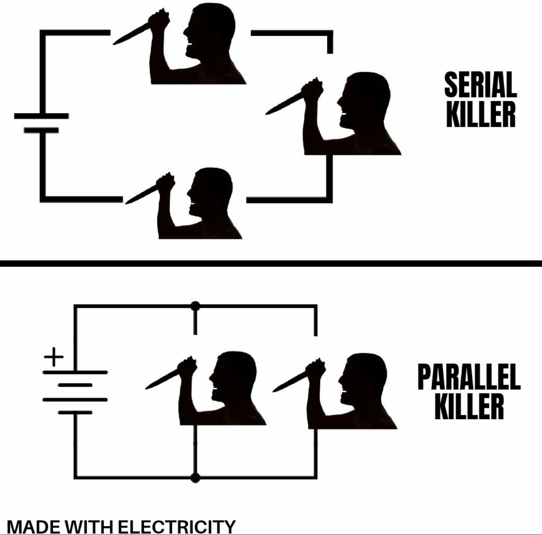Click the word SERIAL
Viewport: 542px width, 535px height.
point(480,84)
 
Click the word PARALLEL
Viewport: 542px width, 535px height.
point(469,377)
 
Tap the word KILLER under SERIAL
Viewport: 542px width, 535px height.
point(481,114)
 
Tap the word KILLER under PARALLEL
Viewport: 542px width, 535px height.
point(469,406)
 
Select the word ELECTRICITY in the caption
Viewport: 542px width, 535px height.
point(177,527)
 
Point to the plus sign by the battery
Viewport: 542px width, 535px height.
point(54,357)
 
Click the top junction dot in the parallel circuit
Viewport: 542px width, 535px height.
point(195,306)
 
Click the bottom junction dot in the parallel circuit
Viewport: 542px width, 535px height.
point(195,478)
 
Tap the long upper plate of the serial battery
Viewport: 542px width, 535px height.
point(41,116)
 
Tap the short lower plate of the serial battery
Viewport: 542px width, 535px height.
point(41,130)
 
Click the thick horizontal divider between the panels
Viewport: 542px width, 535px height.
point(271,264)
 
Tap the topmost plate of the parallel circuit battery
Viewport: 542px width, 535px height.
point(75,372)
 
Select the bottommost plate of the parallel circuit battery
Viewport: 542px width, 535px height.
point(75,413)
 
